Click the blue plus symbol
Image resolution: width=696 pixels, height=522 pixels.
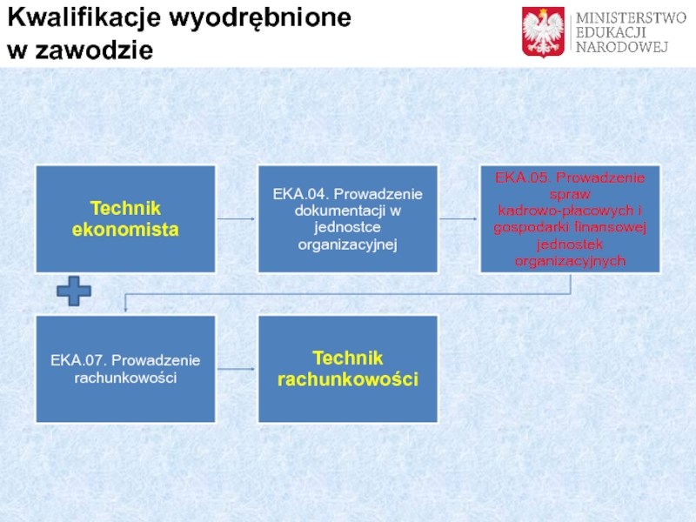coord(74,291)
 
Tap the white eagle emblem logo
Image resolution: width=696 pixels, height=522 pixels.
coord(544,31)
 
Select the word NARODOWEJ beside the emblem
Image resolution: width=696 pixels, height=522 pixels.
coord(619,47)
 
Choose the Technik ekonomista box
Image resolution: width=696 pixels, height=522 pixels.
coord(125,219)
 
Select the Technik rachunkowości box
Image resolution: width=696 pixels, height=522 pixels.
coord(348,369)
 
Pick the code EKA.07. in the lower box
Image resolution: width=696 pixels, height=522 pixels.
coord(77,360)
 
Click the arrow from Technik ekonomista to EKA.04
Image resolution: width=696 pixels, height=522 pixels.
coord(236,219)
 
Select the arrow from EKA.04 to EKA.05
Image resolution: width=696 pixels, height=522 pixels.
coord(458,219)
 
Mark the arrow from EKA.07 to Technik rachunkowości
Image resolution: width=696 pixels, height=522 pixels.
coord(236,369)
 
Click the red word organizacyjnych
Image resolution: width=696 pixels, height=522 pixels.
coord(570,261)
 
